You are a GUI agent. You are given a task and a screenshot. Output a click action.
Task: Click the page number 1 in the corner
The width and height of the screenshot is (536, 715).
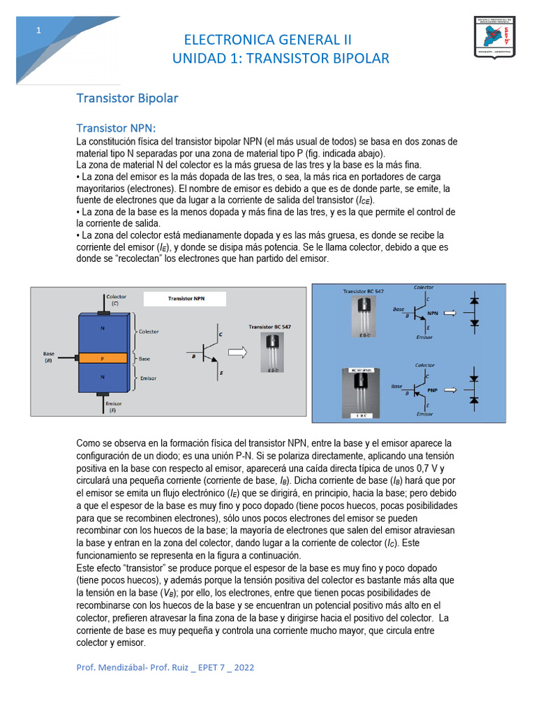click(x=39, y=30)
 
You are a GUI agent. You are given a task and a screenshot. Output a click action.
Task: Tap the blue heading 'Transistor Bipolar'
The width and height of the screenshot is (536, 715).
click(x=127, y=98)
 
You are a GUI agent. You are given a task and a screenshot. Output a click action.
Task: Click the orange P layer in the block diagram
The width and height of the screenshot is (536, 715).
click(x=103, y=358)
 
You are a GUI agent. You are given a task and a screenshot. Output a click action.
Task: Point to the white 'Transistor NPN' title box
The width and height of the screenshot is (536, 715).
click(x=186, y=298)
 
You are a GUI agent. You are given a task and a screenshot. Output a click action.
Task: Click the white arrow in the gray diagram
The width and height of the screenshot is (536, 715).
click(x=238, y=353)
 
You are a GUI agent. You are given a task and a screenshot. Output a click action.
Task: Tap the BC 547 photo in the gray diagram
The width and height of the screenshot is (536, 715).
click(x=272, y=353)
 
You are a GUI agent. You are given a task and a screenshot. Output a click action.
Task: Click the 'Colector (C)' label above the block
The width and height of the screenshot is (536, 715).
click(x=117, y=300)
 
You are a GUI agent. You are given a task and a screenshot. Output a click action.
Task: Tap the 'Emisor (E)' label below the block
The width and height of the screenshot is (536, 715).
click(x=114, y=407)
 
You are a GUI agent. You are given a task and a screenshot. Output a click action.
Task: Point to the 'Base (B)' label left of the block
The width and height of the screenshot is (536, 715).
click(x=49, y=357)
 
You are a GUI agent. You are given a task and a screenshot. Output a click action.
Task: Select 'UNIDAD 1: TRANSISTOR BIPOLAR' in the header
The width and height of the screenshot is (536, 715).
click(x=281, y=59)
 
